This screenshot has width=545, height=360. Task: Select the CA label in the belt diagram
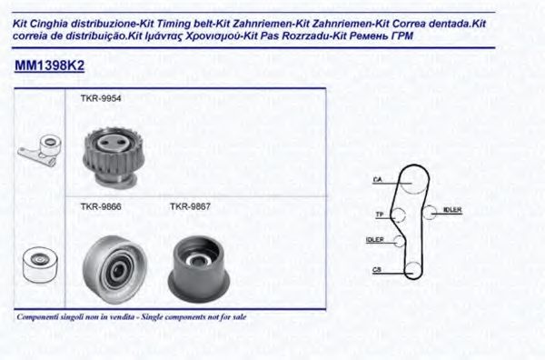(376, 180)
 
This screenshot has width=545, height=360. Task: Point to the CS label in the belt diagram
(376, 269)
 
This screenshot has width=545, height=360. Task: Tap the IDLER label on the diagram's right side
(451, 210)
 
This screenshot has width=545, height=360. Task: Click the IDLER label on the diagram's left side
(373, 240)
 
